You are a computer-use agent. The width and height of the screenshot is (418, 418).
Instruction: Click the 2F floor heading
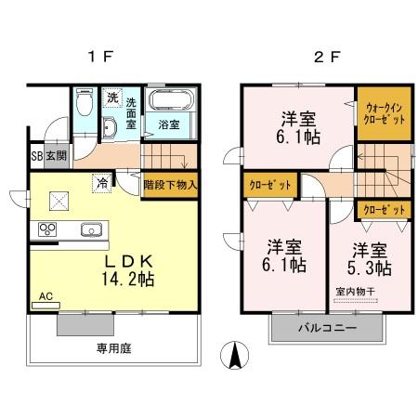(x=321, y=57)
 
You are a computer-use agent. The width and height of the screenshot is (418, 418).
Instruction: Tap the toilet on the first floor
(x=84, y=103)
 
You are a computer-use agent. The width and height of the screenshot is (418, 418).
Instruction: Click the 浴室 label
(x=169, y=123)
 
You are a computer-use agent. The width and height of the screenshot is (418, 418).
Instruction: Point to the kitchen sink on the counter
(x=92, y=230)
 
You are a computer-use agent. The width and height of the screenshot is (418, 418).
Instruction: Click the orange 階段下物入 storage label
(x=171, y=183)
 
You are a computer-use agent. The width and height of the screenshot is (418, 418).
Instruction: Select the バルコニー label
(x=326, y=329)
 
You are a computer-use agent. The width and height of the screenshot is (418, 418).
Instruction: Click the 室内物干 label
(x=354, y=293)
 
